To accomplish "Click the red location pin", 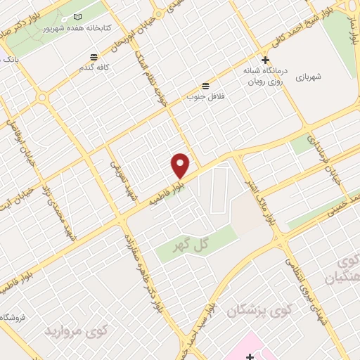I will click(x=181, y=165).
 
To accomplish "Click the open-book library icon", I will click(x=77, y=16).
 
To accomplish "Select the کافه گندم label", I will click(x=94, y=70).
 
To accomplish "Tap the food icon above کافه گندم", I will click(x=94, y=57).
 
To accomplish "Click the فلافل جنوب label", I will click(x=205, y=91).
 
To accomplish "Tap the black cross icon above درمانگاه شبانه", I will click(x=265, y=60).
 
